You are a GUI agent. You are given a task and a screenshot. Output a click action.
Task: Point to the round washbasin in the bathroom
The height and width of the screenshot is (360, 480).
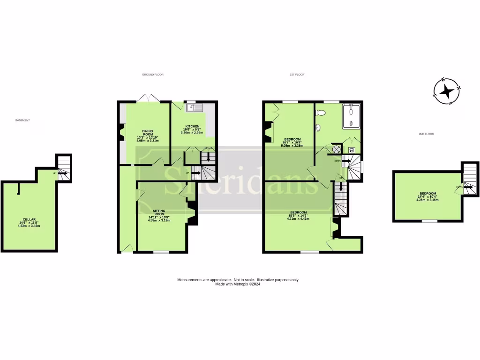point(318,127)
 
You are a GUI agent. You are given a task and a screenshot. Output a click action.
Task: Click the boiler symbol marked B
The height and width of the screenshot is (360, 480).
point(352,150)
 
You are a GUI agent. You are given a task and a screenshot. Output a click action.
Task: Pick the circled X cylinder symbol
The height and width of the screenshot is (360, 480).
point(337,150)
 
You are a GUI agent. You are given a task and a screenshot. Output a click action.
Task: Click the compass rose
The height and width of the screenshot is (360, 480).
point(446,90)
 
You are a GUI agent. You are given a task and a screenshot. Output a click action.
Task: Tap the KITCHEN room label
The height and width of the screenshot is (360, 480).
point(192,127)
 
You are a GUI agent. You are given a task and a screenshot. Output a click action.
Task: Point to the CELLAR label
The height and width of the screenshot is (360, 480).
point(29,220)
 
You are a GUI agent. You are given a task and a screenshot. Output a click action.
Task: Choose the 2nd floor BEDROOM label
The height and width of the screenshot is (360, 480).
point(427,194)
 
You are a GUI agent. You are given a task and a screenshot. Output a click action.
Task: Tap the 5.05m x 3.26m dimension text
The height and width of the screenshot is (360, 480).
point(292,145)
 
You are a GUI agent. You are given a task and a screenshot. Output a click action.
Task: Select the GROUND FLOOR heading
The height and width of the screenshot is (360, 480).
point(152,75)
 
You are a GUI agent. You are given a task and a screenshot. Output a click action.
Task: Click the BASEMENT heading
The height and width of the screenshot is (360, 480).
point(22,120)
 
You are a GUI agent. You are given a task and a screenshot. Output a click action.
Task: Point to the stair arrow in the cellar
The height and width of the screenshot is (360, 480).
point(64,173)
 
